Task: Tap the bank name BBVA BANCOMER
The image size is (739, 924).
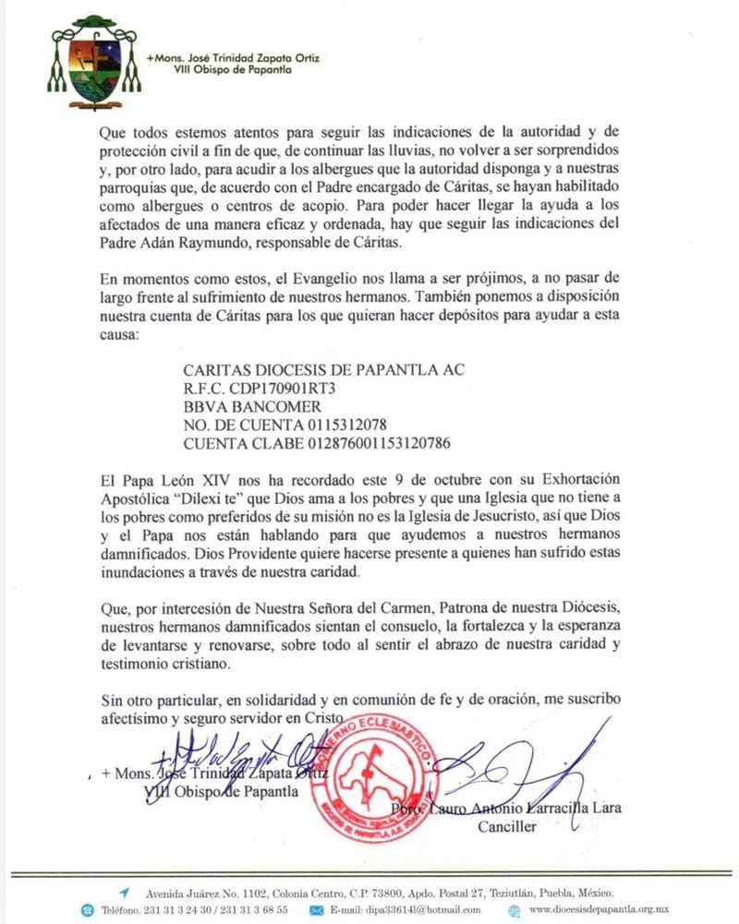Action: (252, 406)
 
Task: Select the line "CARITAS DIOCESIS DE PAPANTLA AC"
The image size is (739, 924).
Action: (324, 370)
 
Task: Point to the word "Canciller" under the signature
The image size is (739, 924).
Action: (506, 827)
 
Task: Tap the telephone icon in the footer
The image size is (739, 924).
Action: (87, 910)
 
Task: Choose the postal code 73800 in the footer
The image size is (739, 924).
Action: (376, 894)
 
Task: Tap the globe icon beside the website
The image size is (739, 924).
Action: (515, 910)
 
